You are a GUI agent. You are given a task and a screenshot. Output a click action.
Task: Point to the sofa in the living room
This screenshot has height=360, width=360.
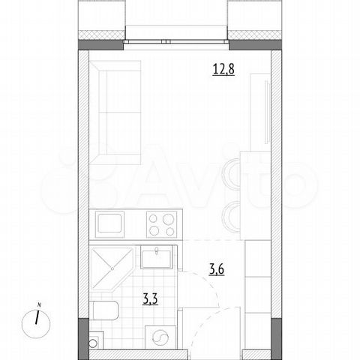tap(113, 112)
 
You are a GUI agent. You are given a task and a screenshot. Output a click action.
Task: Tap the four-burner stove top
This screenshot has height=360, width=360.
tap(161, 223)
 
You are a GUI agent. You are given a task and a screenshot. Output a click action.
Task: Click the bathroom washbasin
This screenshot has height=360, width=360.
tap(157, 258)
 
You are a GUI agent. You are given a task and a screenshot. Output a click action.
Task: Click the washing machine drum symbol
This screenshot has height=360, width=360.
tap(160, 337)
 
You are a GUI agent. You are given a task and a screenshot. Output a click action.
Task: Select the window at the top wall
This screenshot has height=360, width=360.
tap(176, 37)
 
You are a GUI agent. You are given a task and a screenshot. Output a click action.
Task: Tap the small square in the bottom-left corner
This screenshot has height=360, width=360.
tap(94, 342)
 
